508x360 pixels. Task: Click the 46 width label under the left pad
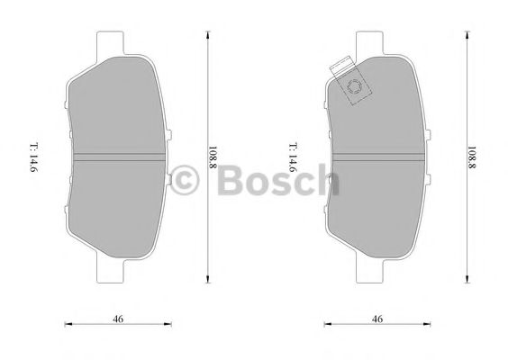[x=118, y=319]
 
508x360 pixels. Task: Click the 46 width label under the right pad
[x=377, y=319]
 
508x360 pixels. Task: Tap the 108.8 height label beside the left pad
[x=213, y=157]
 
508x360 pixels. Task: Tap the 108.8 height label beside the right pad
[x=472, y=157]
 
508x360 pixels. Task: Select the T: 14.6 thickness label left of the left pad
[x=34, y=157]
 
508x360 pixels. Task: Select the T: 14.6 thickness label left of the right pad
[x=294, y=157]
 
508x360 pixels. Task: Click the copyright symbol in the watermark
[x=185, y=180]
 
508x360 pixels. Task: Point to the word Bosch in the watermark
[x=278, y=180]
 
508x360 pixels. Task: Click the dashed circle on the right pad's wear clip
[x=354, y=86]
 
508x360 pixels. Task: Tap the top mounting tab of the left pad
[x=111, y=44]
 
